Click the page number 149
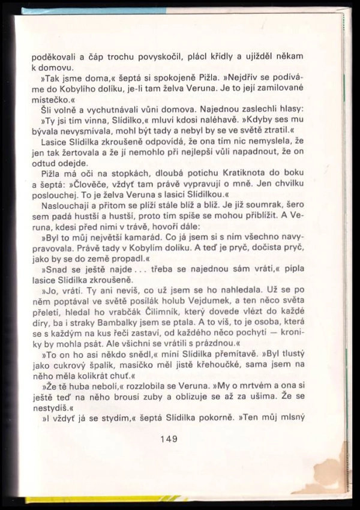[169, 439]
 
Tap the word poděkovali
[53, 56]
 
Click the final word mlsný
[289, 424]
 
